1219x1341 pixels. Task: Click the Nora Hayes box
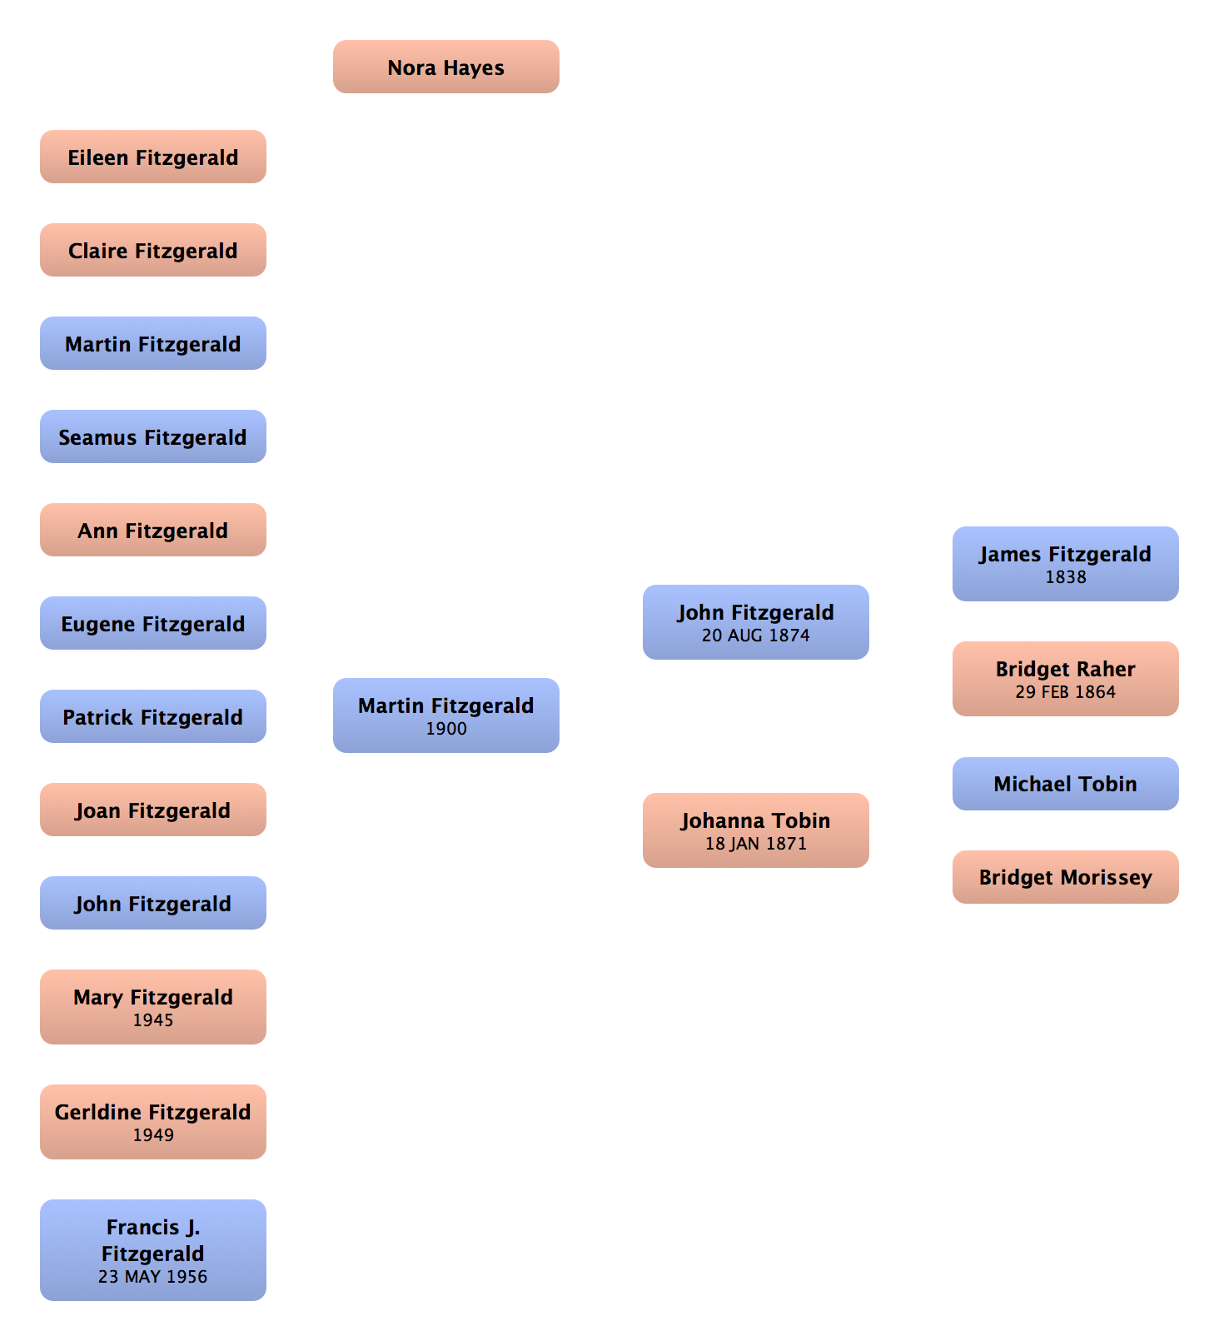pyautogui.click(x=446, y=67)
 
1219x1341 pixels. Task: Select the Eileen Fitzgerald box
pyautogui.click(x=153, y=157)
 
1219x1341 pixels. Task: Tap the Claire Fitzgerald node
pyautogui.click(x=153, y=251)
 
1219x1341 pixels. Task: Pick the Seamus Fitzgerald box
pyautogui.click(x=153, y=437)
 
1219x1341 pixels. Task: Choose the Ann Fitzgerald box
pyautogui.click(x=153, y=531)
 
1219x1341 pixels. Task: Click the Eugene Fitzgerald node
pyautogui.click(x=153, y=624)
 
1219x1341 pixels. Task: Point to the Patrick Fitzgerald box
pyautogui.click(x=153, y=717)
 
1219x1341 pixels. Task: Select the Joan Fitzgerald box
pyautogui.click(x=153, y=810)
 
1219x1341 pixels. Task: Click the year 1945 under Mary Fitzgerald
pyautogui.click(x=153, y=1020)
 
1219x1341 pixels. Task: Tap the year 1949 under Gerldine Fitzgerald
pyautogui.click(x=153, y=1135)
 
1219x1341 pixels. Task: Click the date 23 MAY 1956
pyautogui.click(x=153, y=1277)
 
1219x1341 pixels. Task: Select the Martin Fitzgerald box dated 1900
pyautogui.click(x=446, y=715)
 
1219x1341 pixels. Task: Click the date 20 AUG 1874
pyautogui.click(x=756, y=636)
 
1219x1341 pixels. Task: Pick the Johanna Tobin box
pyautogui.click(x=756, y=830)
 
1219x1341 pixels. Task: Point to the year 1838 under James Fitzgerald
pyautogui.click(x=1066, y=577)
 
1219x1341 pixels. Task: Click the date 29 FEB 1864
pyautogui.click(x=1066, y=692)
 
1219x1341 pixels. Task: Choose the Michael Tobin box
pyautogui.click(x=1066, y=784)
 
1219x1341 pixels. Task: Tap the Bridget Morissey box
pyautogui.click(x=1066, y=877)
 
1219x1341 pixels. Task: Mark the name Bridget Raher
pyautogui.click(x=1066, y=669)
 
